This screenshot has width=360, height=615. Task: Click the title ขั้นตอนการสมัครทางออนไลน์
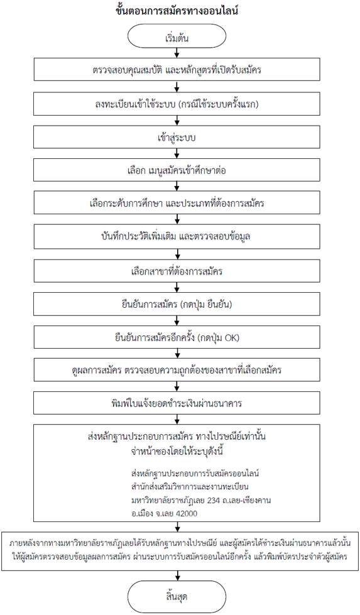[x=177, y=11]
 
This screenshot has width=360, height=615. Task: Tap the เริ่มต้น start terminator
[x=177, y=38]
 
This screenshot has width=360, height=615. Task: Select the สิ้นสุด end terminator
[x=177, y=597]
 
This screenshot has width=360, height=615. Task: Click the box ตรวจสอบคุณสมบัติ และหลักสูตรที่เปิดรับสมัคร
[x=177, y=70]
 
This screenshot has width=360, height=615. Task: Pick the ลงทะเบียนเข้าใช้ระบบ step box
[x=177, y=103]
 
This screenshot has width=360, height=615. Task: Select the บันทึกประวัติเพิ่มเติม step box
[x=177, y=236]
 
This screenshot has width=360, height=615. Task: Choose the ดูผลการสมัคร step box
[x=177, y=369]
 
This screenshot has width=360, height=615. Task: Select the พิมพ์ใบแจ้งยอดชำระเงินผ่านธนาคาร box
[x=177, y=403]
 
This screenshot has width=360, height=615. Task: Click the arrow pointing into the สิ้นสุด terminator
[x=177, y=576]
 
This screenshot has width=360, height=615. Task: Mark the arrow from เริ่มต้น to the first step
[x=177, y=53]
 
